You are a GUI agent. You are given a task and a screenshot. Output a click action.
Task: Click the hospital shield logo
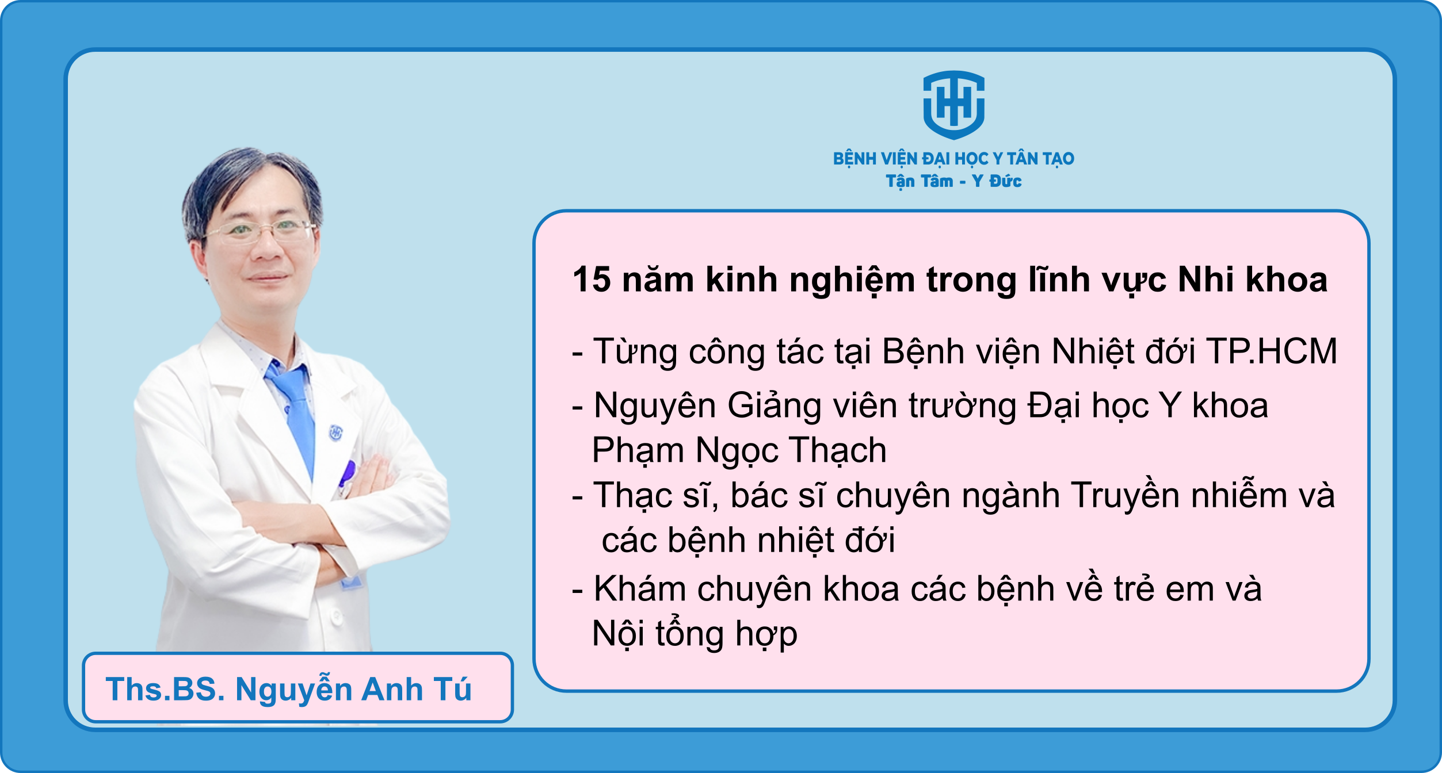click(953, 105)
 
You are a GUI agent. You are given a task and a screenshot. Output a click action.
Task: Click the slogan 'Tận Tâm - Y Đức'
click(953, 181)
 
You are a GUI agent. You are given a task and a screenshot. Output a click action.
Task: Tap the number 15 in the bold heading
click(592, 280)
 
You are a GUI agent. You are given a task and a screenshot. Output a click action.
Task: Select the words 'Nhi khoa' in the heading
click(1253, 280)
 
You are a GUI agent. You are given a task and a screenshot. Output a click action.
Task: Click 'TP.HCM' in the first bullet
click(1272, 351)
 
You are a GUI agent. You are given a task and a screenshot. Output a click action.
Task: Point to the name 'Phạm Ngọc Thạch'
click(739, 450)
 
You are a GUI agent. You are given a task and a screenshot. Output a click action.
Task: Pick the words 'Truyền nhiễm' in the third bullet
click(1177, 495)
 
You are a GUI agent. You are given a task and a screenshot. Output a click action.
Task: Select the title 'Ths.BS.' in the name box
click(165, 689)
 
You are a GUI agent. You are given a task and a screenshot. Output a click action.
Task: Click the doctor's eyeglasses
click(259, 231)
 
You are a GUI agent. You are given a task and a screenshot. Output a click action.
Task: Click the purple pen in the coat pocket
click(347, 473)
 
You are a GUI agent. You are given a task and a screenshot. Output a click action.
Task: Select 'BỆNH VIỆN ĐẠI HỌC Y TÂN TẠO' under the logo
click(953, 159)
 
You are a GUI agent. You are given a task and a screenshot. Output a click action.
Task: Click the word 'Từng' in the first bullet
click(635, 352)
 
